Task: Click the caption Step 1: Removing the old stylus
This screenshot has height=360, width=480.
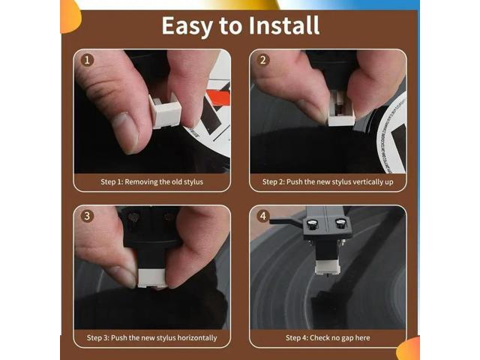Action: [151, 181]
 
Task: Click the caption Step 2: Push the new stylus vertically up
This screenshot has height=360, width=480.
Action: [328, 181]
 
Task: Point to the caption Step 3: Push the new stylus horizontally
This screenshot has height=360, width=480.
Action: [151, 337]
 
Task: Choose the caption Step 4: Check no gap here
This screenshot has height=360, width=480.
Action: [328, 337]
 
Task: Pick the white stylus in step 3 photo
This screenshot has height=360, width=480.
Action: [151, 271]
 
